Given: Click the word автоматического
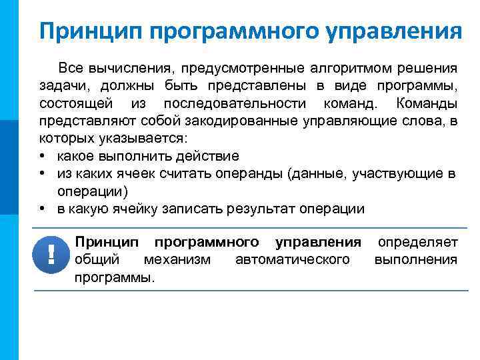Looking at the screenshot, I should [292, 259].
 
